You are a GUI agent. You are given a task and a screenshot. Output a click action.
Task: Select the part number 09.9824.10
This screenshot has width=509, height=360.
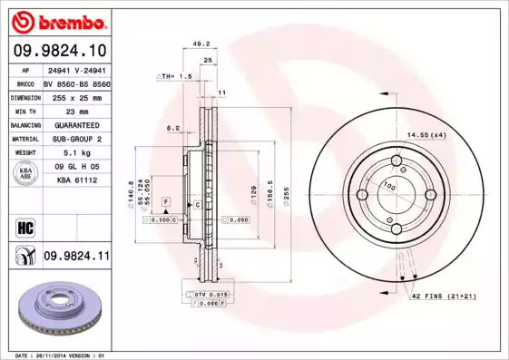[x=59, y=51]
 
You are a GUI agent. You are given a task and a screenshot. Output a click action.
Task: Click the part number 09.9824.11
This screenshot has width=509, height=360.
[x=76, y=258]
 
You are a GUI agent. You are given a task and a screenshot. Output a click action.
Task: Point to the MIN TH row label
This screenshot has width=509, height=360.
[x=25, y=111]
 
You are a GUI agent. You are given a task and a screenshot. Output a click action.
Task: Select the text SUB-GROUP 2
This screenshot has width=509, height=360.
[x=75, y=139]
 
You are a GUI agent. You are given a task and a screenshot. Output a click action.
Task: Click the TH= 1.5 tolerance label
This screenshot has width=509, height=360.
[x=174, y=77]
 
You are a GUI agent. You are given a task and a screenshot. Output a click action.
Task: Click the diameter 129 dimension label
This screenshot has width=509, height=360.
[x=254, y=193]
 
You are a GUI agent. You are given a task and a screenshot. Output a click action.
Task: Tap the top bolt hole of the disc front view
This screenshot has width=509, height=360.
[x=396, y=162]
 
